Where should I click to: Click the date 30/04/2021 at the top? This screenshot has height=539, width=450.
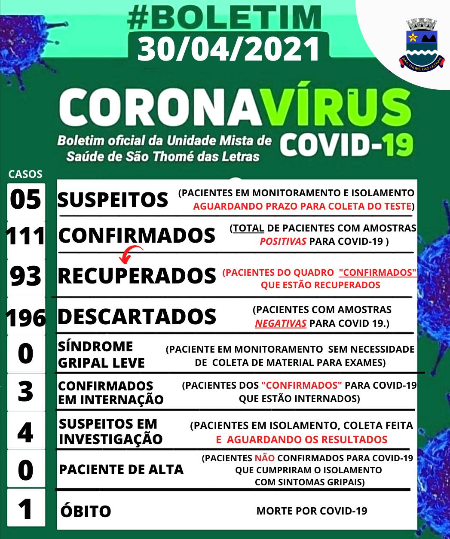[228, 49]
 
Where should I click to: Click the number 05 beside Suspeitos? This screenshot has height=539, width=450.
[26, 200]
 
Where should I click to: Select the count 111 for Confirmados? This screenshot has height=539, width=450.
[26, 237]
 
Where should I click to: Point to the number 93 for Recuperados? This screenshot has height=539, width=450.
[26, 276]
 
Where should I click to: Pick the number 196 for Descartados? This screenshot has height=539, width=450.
[26, 318]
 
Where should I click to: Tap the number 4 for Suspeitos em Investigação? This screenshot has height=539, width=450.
[26, 432]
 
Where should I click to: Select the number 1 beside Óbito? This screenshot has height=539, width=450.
[26, 510]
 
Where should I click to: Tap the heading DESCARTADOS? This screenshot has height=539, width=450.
[137, 317]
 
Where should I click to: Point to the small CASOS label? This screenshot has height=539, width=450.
[26, 174]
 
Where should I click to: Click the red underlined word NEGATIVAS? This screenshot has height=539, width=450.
[281, 323]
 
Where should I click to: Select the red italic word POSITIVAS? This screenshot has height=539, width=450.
[283, 241]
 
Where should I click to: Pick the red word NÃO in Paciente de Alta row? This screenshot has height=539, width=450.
[264, 458]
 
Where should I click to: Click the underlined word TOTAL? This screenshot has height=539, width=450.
[249, 228]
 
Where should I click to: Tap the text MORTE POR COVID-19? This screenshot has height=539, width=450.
[312, 511]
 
